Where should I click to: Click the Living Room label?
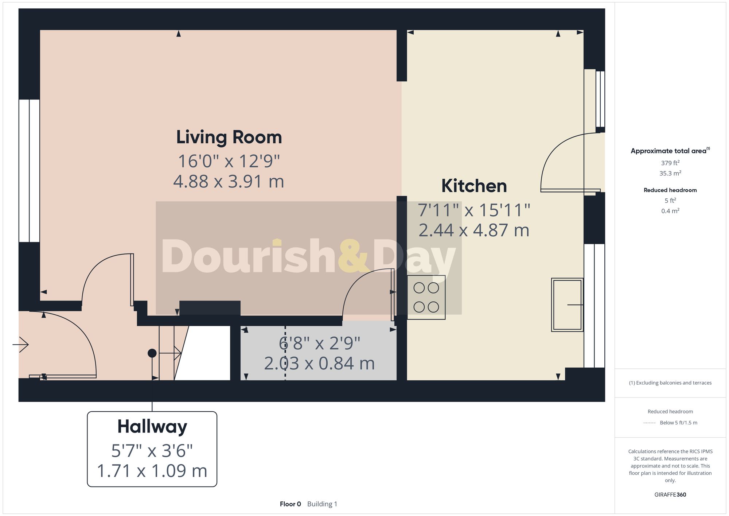[x=229, y=137]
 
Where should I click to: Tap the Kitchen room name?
[x=474, y=186]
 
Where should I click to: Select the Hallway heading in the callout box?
[x=152, y=426]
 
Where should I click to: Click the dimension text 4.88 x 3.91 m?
[x=229, y=181]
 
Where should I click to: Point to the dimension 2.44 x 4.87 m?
[x=474, y=230]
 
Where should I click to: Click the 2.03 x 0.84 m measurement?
[x=319, y=363]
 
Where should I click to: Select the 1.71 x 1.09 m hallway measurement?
[x=152, y=470]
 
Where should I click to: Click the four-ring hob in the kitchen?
[x=426, y=297]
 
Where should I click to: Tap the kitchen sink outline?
[x=567, y=304]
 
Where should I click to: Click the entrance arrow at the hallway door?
[x=21, y=344]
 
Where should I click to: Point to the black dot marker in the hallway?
[x=152, y=353]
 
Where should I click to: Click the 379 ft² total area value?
[x=670, y=163]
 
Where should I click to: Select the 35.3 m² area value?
[x=670, y=173]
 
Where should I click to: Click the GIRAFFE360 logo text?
[x=670, y=494]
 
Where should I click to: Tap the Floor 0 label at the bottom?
[x=290, y=504]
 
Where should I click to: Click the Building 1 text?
[x=322, y=504]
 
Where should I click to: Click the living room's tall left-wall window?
[x=29, y=170]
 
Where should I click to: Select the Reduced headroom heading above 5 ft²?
[x=670, y=190]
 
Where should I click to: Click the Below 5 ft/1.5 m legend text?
[x=678, y=423]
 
